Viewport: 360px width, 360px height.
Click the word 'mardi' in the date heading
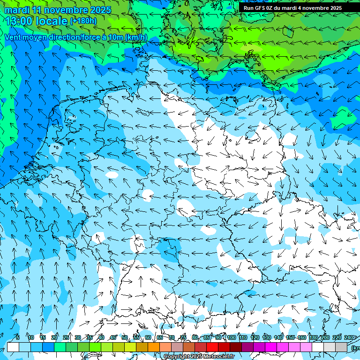point(17,10)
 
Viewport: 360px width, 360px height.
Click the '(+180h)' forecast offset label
point(83,21)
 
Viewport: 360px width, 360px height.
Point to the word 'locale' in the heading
point(51,21)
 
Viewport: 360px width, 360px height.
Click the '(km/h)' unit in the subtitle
point(136,37)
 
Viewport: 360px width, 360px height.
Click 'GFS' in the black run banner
point(261,8)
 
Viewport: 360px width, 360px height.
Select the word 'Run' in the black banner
point(248,8)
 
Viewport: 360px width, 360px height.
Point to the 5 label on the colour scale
point(18,338)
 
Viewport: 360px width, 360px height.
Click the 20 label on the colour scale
point(54,338)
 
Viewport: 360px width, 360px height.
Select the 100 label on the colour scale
point(231,338)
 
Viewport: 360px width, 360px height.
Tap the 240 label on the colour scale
point(349,338)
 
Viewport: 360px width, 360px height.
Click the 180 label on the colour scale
point(313,338)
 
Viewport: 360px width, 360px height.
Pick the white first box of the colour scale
point(13,347)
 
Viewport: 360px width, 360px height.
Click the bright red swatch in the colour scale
point(212,347)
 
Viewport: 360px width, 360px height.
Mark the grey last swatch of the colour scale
point(341,347)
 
